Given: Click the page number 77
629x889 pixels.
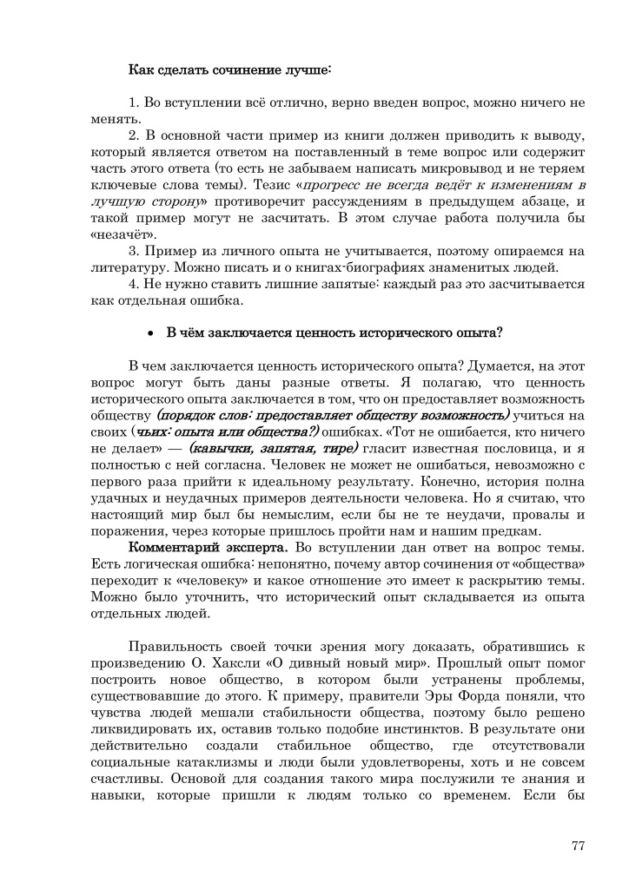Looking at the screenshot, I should (579, 846).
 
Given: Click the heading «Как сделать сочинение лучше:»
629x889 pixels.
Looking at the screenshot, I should (230, 68).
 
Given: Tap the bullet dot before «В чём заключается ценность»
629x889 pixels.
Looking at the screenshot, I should (151, 333).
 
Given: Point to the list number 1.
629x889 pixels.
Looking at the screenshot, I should (133, 102).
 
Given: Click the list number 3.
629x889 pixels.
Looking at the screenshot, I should (133, 251).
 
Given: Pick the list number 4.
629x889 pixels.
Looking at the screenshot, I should (133, 284).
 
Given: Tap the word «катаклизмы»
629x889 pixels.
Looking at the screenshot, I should (201, 763).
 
